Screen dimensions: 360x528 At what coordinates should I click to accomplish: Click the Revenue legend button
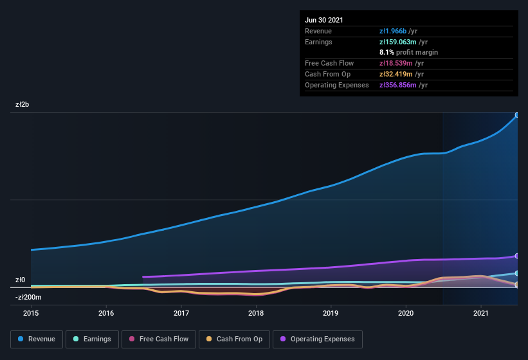37,339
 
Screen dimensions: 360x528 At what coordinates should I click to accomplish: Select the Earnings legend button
92,339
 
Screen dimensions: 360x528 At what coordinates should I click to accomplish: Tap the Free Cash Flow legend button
159,339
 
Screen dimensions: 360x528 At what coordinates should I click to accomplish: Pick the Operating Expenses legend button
317,339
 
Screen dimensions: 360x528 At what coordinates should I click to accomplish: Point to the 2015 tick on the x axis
31,313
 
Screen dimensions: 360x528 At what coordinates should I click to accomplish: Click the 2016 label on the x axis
106,313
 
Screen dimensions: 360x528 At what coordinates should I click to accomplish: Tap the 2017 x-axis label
181,313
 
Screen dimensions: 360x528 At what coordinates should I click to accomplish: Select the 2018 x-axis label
256,313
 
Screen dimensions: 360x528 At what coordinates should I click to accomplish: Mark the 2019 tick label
331,313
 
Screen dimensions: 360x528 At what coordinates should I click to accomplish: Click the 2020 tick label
406,313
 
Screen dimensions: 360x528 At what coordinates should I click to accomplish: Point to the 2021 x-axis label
481,313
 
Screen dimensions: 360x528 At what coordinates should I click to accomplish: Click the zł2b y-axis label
23,104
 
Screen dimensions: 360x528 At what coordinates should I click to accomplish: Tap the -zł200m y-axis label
28,297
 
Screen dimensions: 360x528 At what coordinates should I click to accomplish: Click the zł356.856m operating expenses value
403,85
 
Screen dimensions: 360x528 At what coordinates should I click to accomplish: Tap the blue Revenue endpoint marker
516,115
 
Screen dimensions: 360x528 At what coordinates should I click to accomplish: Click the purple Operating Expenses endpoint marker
516,256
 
